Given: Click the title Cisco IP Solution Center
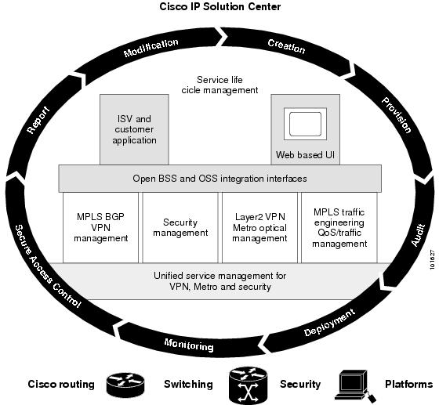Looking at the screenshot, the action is [219, 6].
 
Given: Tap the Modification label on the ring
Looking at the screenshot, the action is [151, 48].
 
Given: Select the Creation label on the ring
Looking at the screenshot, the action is [286, 46].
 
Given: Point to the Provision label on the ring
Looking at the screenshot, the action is [397, 115].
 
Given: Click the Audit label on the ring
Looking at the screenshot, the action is [419, 235].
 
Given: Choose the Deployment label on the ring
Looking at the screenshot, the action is [329, 322].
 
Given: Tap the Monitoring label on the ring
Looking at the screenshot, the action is [189, 345].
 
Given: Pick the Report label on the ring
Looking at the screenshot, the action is [38, 120].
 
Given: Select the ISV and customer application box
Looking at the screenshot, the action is [134, 129].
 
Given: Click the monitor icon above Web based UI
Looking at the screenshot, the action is [305, 124].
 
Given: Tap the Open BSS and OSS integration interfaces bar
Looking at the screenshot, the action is [219, 179].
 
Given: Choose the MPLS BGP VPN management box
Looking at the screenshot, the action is [101, 227].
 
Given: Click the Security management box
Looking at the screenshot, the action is [180, 227].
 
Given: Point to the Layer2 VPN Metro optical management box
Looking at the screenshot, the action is [259, 227].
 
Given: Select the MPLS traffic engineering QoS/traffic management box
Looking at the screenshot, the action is [339, 227].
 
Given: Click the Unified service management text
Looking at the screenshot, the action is [219, 281].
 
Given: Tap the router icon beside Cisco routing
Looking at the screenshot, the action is [125, 385].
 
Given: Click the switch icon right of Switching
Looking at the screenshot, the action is [249, 385].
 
